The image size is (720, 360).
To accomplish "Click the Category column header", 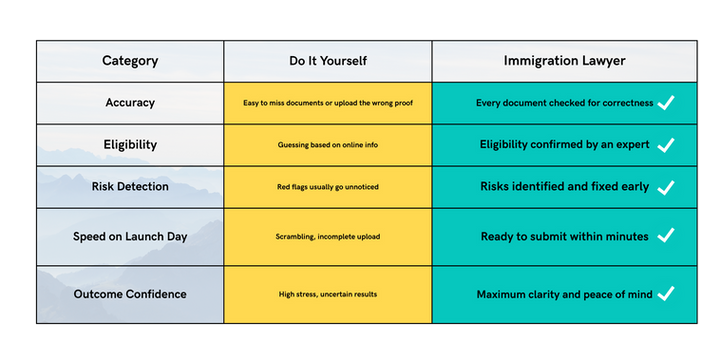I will (x=130, y=61).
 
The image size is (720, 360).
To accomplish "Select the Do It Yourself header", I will (x=328, y=61).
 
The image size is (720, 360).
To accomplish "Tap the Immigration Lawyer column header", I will (x=564, y=61).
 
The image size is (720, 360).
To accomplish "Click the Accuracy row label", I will (x=130, y=102).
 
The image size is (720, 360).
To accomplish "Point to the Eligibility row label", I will (x=130, y=144).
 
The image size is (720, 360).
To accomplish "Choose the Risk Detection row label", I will (x=130, y=186).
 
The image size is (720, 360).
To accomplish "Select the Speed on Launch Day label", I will (x=130, y=236).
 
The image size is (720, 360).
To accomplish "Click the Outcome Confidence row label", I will (x=130, y=294).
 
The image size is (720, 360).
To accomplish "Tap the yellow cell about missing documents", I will (x=328, y=102).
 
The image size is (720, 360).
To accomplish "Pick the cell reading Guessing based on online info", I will (x=328, y=144).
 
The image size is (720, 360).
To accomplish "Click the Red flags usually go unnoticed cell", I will (x=328, y=186).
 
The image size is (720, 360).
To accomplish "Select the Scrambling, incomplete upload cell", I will (x=328, y=236).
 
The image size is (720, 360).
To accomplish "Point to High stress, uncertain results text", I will (x=328, y=294).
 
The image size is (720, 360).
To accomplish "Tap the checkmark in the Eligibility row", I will (x=666, y=144).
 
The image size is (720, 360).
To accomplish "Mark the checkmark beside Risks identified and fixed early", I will (x=666, y=186).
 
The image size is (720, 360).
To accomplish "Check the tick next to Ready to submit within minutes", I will (x=666, y=236).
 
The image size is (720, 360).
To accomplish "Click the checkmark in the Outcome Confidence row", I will (x=666, y=293).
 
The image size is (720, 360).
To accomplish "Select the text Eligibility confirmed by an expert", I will (x=565, y=144).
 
